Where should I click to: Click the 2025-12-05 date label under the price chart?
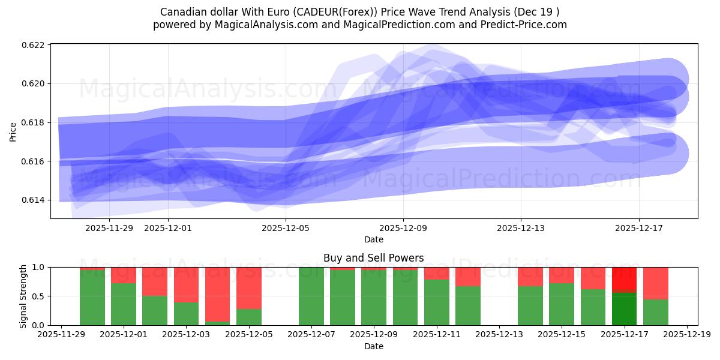pyautogui.click(x=286, y=228)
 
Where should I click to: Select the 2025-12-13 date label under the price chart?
pyautogui.click(x=521, y=228)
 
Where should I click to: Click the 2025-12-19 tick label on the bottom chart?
pyautogui.click(x=686, y=335)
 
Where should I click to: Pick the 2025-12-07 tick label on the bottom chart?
pyautogui.click(x=311, y=335)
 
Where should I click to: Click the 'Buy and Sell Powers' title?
pyautogui.click(x=373, y=258)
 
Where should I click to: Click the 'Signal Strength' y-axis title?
pyautogui.click(x=23, y=296)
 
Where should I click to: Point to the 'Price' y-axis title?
pyautogui.click(x=13, y=131)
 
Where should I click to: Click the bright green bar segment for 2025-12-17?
pyautogui.click(x=624, y=308)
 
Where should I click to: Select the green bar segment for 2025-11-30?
pyautogui.click(x=92, y=297)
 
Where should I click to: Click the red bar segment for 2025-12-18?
pyautogui.click(x=655, y=283)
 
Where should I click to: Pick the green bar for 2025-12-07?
pyautogui.click(x=311, y=296)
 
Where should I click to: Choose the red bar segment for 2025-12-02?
pyautogui.click(x=155, y=281)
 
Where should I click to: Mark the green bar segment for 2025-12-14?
pyautogui.click(x=530, y=305)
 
